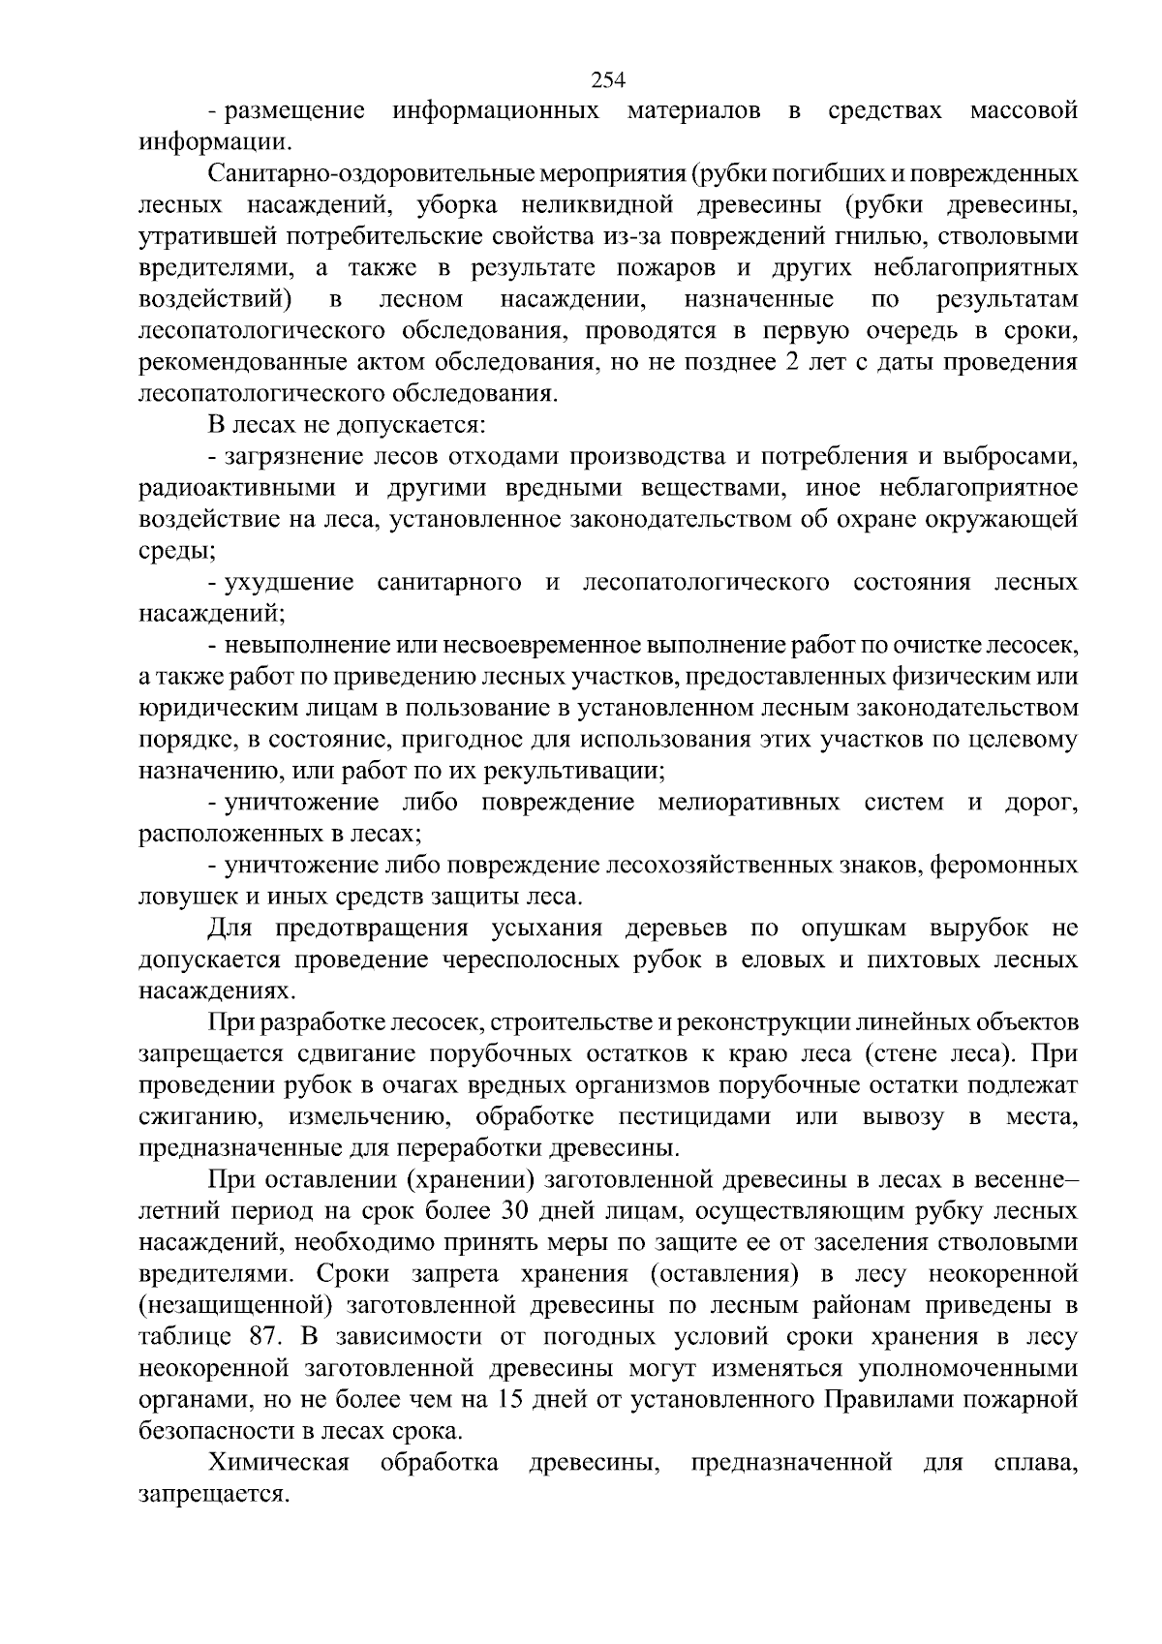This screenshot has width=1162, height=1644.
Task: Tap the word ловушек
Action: click(181, 896)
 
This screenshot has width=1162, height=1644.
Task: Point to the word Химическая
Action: click(278, 1463)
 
